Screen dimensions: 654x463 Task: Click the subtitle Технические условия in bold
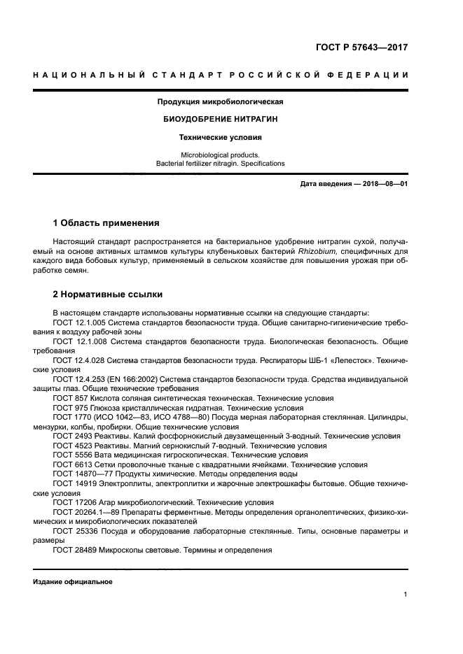pyautogui.click(x=221, y=138)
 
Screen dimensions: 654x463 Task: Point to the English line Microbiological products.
pyautogui.click(x=220, y=155)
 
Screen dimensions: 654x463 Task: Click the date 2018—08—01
pyautogui.click(x=384, y=184)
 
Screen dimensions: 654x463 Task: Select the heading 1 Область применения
pyautogui.click(x=106, y=224)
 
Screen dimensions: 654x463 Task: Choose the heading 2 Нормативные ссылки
pyautogui.click(x=108, y=294)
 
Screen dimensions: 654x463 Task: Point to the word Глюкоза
pyautogui.click(x=107, y=407)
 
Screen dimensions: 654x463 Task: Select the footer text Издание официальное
pyautogui.click(x=72, y=582)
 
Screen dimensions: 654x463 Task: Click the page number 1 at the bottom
pyautogui.click(x=406, y=595)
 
